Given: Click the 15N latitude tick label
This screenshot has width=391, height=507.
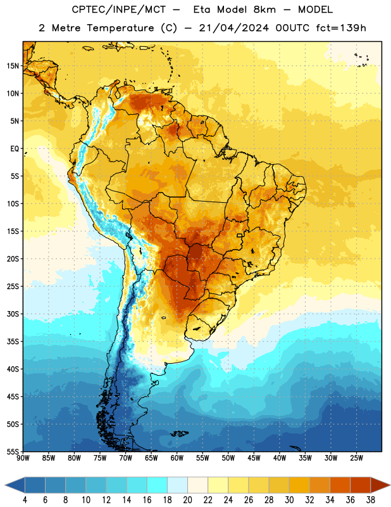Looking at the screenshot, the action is [x=13, y=66].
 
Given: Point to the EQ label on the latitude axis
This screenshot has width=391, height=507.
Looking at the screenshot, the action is [x=15, y=149].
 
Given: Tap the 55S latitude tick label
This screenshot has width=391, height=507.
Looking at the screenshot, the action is [x=13, y=451].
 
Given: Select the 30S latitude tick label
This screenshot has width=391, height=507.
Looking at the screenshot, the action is [x=13, y=314].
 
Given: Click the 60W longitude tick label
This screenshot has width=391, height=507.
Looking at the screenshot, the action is [x=177, y=458].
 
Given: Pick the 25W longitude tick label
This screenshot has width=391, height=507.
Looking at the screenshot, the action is [x=356, y=458].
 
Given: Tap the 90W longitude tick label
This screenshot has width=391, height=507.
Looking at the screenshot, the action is [x=23, y=458].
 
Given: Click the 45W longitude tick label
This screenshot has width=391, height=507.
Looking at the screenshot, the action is [x=254, y=458].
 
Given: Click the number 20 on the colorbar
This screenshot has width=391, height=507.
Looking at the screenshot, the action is [x=187, y=500].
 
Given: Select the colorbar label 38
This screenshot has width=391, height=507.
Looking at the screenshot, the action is [x=371, y=500].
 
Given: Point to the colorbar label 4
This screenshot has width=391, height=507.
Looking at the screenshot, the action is [x=25, y=500].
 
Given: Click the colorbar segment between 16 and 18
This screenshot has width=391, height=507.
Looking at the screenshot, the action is [x=158, y=485].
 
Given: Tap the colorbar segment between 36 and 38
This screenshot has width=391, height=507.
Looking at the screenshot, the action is [x=361, y=485].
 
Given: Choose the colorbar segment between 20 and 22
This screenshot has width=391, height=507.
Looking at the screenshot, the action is [x=197, y=485].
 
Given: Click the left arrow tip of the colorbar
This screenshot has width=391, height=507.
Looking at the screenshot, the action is [x=5, y=485].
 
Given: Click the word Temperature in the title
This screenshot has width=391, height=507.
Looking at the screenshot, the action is [x=120, y=29].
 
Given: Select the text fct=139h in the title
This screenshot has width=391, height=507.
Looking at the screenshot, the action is [x=341, y=28].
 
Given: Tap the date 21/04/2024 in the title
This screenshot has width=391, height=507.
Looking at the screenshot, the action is [x=233, y=28].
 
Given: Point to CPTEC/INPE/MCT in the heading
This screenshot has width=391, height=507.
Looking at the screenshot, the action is [x=119, y=10].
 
